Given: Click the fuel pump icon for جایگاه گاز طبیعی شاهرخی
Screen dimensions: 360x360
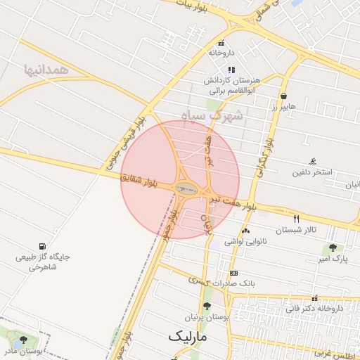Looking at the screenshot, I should click(44, 246).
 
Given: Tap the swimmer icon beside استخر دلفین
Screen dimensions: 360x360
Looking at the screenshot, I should click(313, 161).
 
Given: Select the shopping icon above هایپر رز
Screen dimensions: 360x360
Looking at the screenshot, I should click(283, 96).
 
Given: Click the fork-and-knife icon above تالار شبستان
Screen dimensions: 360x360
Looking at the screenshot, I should click(296, 219).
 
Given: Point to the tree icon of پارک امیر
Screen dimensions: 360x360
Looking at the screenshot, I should click(332, 247).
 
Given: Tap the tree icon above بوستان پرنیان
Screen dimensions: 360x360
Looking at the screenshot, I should click(206, 306).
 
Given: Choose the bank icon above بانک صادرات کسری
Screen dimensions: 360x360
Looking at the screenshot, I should click(233, 273).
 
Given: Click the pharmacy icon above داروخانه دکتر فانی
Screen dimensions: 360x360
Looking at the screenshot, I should click(314, 298).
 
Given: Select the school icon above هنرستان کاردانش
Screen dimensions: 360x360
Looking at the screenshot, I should click(232, 69).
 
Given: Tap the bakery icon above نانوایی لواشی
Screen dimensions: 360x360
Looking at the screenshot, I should click(245, 231).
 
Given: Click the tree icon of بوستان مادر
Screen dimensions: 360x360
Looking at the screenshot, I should click(23, 340).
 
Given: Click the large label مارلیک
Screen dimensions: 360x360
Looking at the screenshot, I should click(189, 337).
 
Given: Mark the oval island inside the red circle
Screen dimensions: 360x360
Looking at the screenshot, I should click(186, 188).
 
